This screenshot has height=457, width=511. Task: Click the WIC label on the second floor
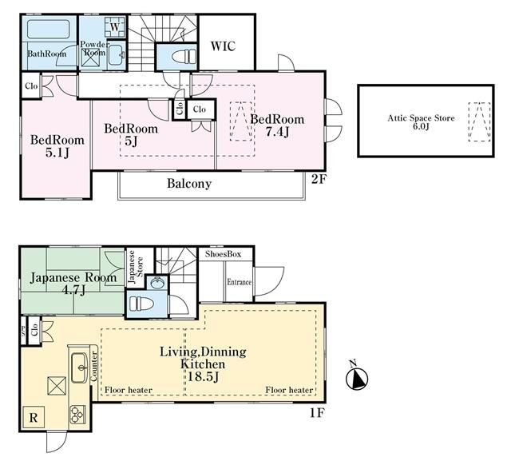click(x=223, y=46)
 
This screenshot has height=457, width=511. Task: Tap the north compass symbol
click(x=357, y=378)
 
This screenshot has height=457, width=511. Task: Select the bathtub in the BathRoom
click(x=48, y=29)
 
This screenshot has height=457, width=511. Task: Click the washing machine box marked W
click(x=114, y=27)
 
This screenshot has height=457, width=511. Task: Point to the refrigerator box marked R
click(x=34, y=418)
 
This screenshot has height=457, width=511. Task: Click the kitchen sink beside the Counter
click(x=79, y=368)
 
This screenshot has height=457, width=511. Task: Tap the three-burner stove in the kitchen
click(x=77, y=415)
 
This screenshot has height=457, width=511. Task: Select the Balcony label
click(x=189, y=183)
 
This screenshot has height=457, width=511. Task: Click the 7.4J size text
click(x=277, y=132)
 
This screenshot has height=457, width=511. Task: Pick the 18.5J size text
click(x=203, y=377)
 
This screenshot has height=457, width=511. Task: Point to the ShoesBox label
click(x=224, y=254)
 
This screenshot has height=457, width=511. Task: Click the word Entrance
click(x=240, y=282)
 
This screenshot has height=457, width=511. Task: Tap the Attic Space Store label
click(x=421, y=118)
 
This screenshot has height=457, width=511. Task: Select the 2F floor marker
click(x=319, y=179)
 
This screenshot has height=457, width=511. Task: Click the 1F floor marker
click(x=316, y=413)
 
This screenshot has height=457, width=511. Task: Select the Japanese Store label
click(x=136, y=267)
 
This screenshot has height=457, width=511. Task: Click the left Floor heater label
click(x=129, y=390)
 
